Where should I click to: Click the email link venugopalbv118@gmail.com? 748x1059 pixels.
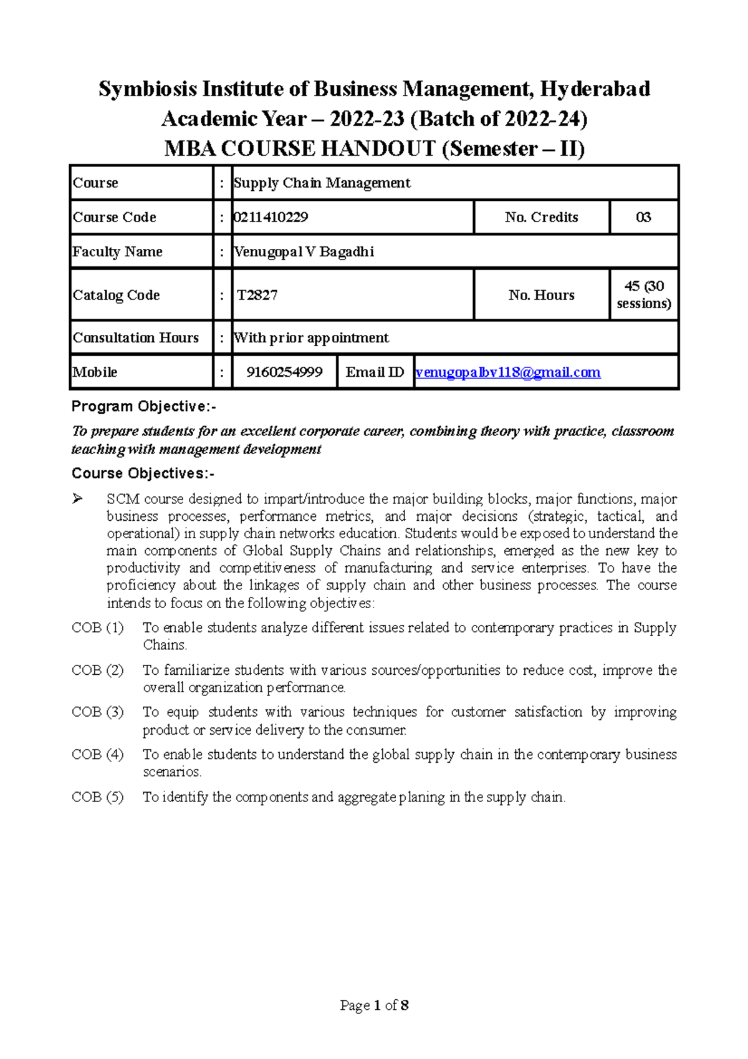point(507,372)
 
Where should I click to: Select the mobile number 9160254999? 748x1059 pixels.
point(284,372)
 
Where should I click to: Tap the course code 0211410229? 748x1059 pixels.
point(271,217)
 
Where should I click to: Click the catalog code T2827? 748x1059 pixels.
point(257,295)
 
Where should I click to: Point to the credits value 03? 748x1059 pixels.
point(643,217)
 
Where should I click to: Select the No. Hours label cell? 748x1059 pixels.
point(541,295)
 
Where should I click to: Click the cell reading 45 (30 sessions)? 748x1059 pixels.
point(644,294)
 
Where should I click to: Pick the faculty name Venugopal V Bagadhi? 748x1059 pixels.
point(304,251)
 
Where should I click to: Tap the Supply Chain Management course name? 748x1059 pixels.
point(322,183)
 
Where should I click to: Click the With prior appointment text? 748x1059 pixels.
point(311,337)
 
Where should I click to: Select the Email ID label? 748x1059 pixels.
point(375,372)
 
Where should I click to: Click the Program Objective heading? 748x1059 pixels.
point(144,407)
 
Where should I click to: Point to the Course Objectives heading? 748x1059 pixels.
point(143,473)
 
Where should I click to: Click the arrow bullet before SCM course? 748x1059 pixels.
point(78,498)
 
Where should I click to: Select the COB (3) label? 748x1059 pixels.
point(98,712)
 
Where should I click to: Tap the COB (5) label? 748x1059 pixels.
point(98,797)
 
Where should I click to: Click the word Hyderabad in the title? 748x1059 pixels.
point(595,89)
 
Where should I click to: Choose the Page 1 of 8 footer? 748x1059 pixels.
point(374,1005)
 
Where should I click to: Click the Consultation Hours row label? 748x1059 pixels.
point(136,337)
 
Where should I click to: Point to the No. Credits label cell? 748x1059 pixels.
point(541,217)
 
